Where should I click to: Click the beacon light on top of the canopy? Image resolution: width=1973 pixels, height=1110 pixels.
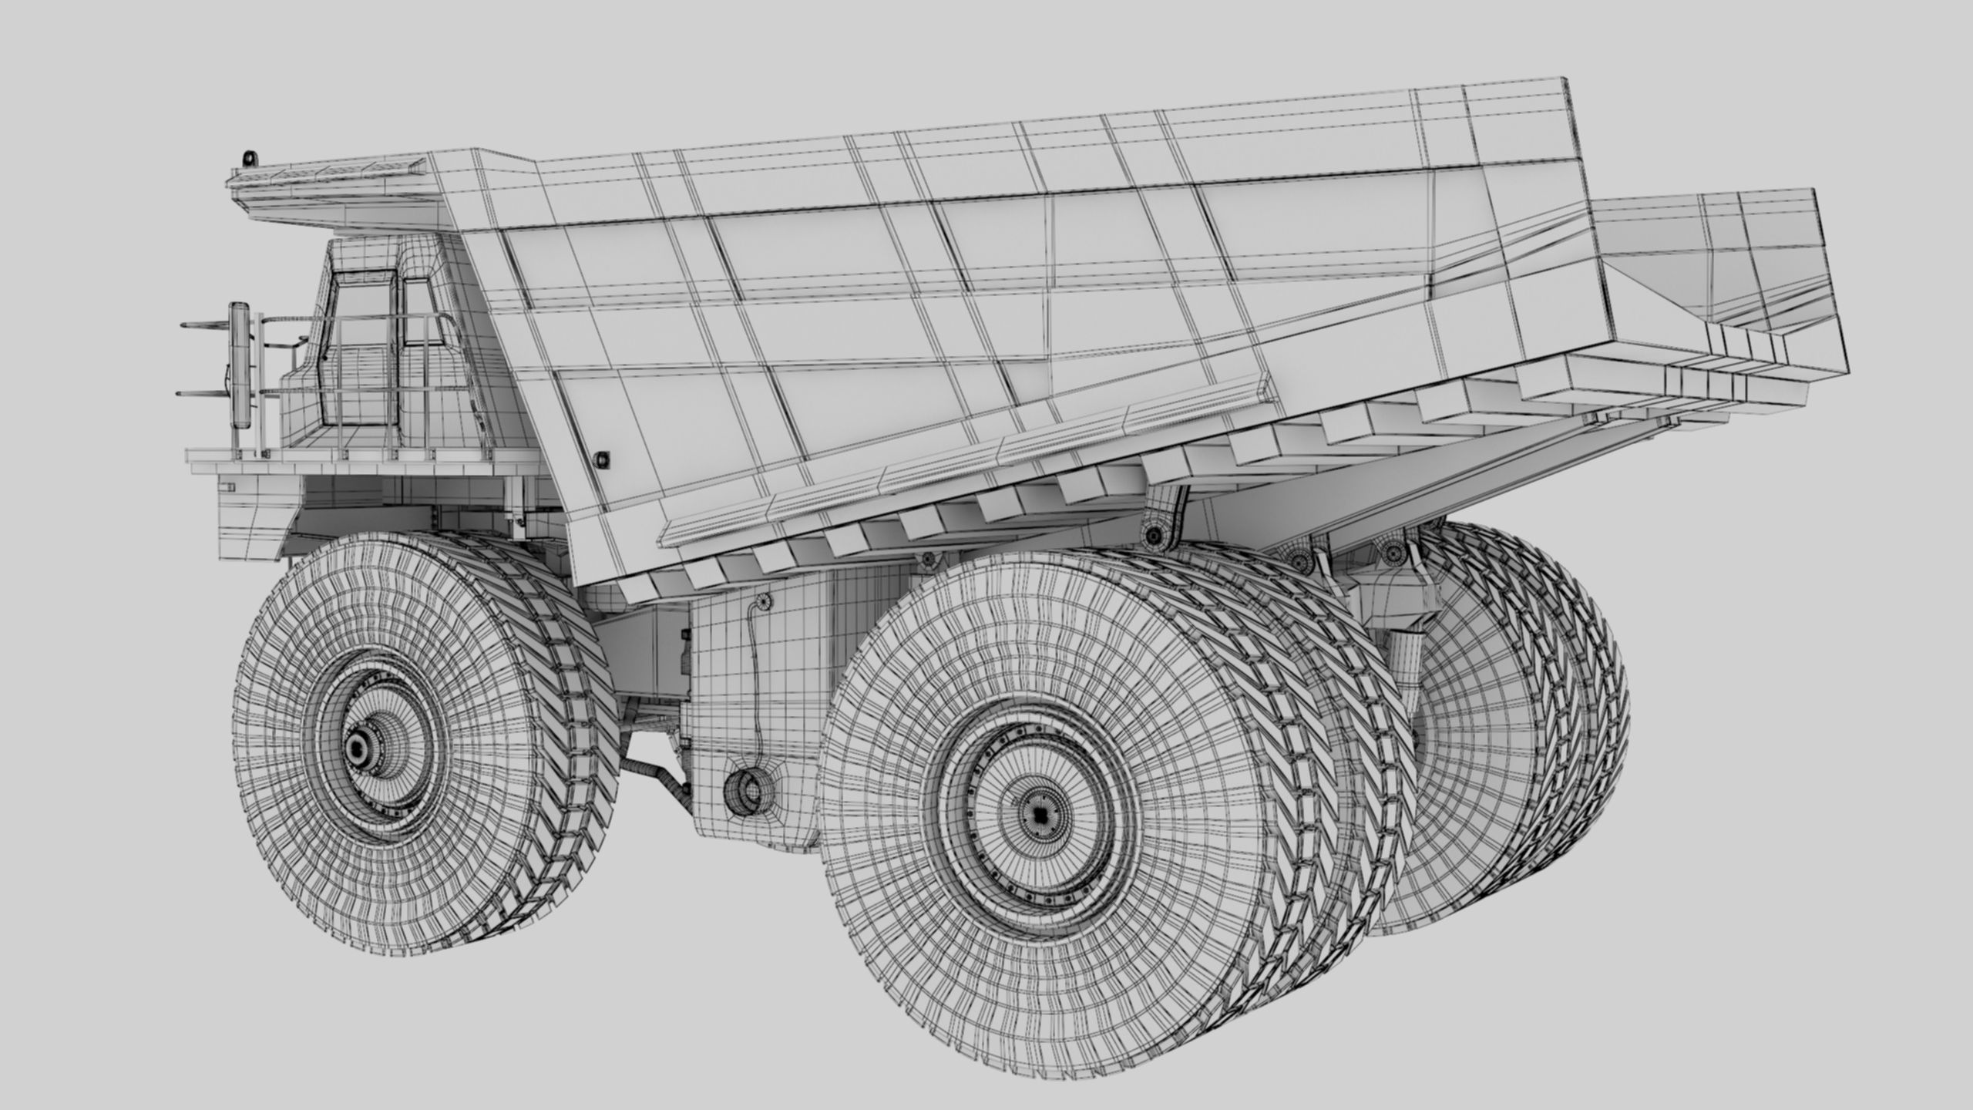247,159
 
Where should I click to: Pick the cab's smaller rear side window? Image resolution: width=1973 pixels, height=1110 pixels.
418,312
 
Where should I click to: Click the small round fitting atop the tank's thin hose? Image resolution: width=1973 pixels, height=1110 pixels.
764,600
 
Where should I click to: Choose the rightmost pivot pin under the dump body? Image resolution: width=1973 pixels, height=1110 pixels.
1393,550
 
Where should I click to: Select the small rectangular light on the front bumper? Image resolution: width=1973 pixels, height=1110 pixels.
228,486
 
